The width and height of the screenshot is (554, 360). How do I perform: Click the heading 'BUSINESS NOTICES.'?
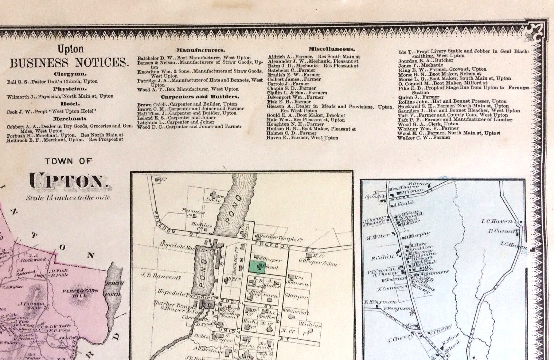pyautogui.click(x=69, y=63)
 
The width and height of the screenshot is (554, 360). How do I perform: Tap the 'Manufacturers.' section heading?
pyautogui.click(x=200, y=50)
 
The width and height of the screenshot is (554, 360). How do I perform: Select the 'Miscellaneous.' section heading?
pyautogui.click(x=331, y=49)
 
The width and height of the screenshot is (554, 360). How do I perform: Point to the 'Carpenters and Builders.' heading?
pyautogui.click(x=200, y=97)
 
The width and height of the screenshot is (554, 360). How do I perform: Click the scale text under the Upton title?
pyautogui.click(x=68, y=198)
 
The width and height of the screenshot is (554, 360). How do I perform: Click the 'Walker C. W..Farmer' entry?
pyautogui.click(x=419, y=138)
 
